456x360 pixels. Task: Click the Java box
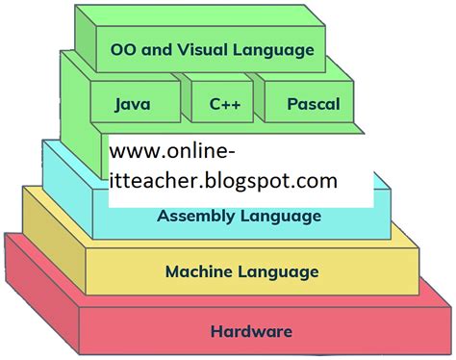133,103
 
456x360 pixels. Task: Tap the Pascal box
313,103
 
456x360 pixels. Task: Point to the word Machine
197,271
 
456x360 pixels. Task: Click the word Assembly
195,216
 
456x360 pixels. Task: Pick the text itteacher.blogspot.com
223,180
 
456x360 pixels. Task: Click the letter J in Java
117,103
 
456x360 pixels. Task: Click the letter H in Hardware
215,332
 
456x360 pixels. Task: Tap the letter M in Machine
173,271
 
